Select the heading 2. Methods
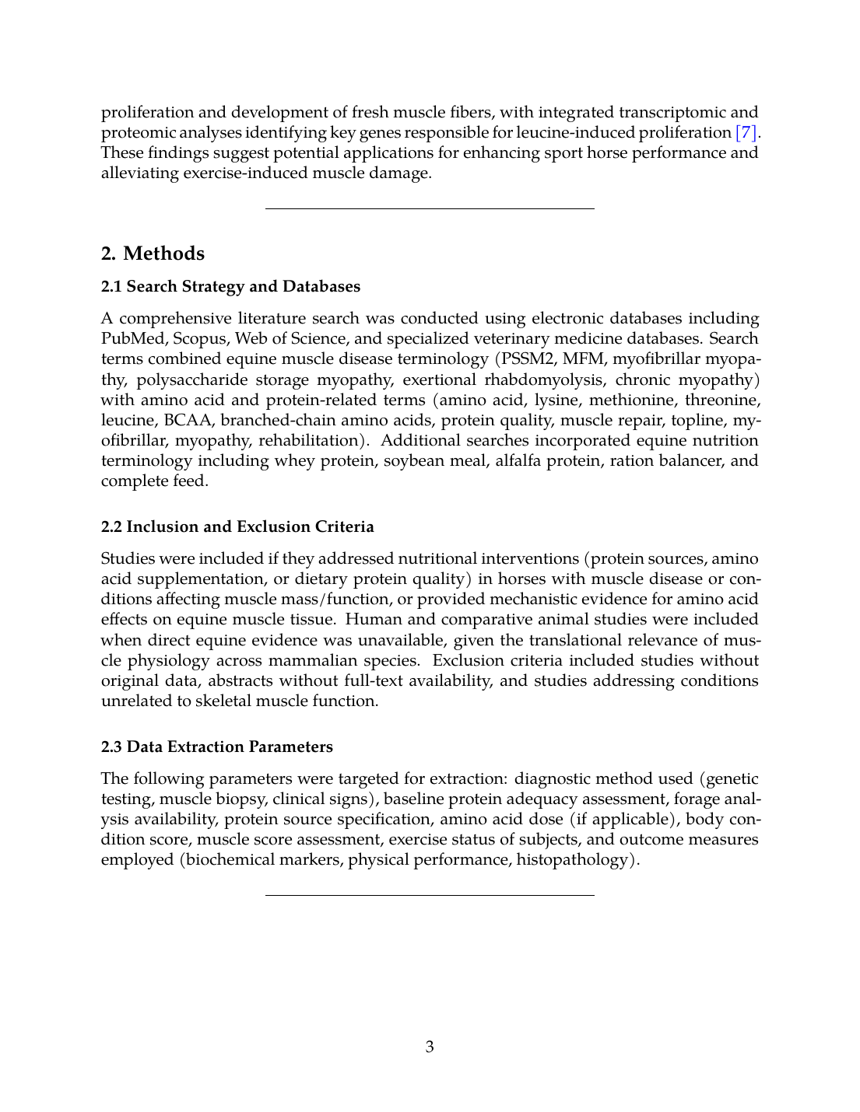point(153,254)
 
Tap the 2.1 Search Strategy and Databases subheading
point(230,286)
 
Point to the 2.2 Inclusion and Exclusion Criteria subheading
point(237,526)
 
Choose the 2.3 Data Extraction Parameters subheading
point(216,747)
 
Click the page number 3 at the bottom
point(430,1047)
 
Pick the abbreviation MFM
point(583,358)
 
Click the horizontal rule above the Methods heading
point(430,208)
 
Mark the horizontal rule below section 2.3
point(430,895)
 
